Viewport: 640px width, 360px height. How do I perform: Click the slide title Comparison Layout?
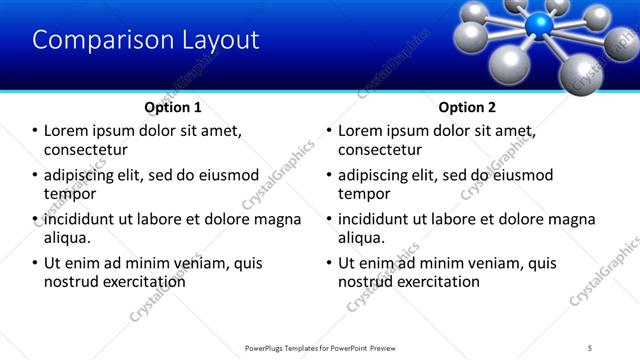coord(146,40)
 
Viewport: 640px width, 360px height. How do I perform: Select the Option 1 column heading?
coord(173,107)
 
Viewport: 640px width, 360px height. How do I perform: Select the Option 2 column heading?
coord(466,107)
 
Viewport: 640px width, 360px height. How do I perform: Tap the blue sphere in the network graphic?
coord(542,25)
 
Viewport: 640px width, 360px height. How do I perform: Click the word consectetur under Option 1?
coord(86,150)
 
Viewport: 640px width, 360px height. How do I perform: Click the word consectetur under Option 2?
coord(380,150)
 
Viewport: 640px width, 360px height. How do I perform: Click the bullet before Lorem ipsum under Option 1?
coord(35,131)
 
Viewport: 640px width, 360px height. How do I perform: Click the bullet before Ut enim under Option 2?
coord(329,263)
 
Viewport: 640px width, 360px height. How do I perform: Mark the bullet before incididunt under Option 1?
coord(35,219)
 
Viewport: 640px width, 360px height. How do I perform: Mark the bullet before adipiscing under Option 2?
coord(329,175)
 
